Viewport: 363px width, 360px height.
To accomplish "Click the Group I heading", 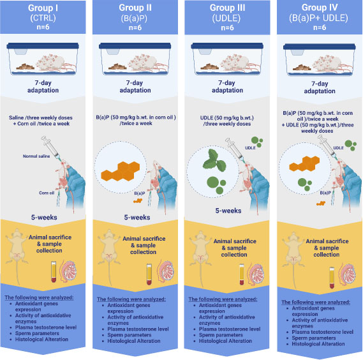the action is (x=43, y=8).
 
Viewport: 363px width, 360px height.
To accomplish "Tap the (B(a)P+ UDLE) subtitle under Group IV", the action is (x=318, y=18).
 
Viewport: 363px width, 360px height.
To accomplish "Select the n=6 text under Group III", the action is (x=227, y=27).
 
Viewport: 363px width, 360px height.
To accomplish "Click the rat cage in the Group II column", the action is (x=135, y=59).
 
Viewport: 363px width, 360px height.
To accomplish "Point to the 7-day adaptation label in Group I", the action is (x=43, y=86).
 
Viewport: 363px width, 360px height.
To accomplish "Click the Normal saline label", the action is (x=36, y=156).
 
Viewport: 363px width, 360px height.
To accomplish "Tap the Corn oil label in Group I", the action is (x=47, y=193).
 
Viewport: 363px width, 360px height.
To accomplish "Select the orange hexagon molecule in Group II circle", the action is (x=121, y=171).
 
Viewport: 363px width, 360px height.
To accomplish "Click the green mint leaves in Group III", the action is (x=214, y=160).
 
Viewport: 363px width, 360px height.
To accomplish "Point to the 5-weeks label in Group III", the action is (x=228, y=211).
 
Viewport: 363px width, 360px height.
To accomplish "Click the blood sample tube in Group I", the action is (x=54, y=271).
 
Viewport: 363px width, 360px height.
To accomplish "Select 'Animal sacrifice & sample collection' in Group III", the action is (x=235, y=248).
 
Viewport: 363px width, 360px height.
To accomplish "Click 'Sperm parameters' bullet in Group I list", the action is (x=37, y=333).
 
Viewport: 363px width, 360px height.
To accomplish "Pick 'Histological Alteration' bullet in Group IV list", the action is (x=318, y=344).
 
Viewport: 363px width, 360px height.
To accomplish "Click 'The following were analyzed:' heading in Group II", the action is (x=131, y=299).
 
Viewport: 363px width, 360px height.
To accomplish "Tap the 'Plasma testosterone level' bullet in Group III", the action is (x=230, y=329).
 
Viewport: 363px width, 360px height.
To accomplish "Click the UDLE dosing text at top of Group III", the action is (x=227, y=121).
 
